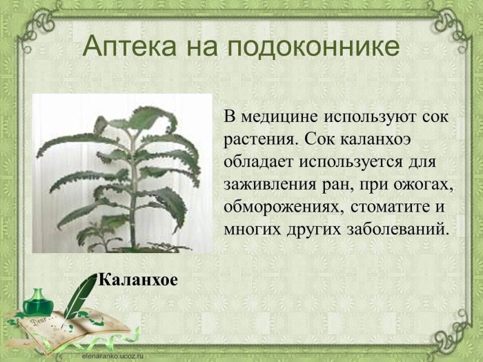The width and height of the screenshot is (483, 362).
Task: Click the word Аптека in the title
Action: click(x=129, y=47)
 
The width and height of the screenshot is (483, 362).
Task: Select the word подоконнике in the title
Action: click(x=313, y=47)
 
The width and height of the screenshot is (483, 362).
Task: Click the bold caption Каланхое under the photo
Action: click(x=138, y=279)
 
